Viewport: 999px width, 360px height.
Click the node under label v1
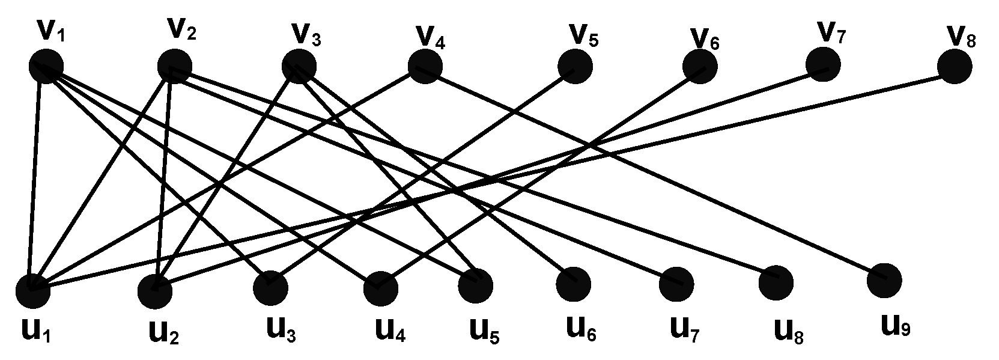(x=46, y=66)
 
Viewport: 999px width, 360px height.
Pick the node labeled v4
(x=425, y=67)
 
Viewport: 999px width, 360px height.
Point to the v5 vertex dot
(x=575, y=67)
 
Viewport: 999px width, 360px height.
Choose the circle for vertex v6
(x=700, y=66)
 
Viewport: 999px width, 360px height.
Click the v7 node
(x=823, y=65)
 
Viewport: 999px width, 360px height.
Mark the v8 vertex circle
(x=954, y=66)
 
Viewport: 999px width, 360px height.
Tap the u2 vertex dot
(x=155, y=291)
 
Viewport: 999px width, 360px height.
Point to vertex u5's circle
(x=475, y=285)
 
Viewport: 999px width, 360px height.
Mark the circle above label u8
(x=776, y=282)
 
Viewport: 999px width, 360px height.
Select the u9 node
(x=885, y=279)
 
